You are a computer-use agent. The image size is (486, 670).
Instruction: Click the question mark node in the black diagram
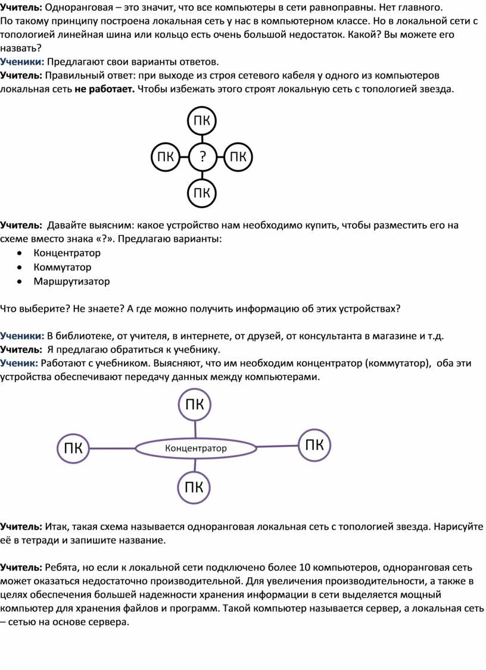click(202, 157)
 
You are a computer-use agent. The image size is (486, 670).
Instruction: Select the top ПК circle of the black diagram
click(202, 121)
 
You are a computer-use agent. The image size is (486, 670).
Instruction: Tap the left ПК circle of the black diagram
click(166, 157)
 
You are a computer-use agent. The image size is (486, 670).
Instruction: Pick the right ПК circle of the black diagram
click(238, 157)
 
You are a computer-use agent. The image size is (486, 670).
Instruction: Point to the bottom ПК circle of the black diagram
click(202, 192)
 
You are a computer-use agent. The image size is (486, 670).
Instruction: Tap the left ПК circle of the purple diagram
click(73, 449)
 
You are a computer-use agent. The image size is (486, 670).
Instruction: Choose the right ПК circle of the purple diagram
click(314, 445)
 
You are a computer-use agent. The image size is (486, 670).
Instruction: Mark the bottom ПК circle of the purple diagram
click(194, 488)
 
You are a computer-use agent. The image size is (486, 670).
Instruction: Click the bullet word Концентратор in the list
click(67, 253)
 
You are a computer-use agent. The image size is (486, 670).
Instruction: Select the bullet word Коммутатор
click(63, 267)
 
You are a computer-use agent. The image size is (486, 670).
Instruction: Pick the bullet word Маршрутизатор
click(71, 281)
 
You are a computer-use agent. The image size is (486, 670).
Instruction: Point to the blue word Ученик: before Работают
click(20, 362)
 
